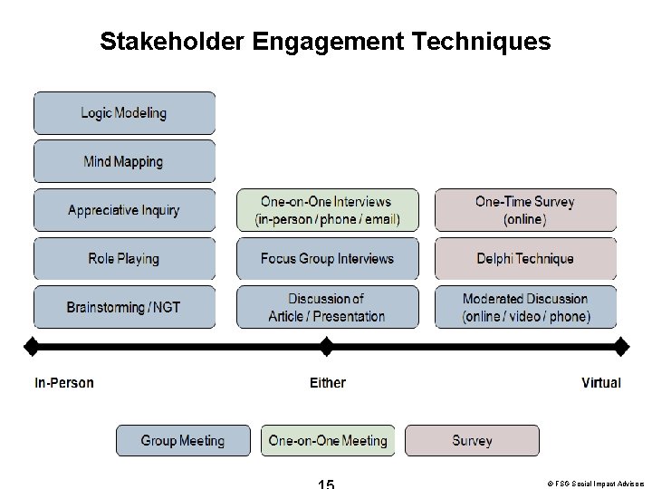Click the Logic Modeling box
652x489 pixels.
coord(124,113)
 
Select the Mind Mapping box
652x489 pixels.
coord(124,162)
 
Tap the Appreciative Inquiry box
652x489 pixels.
coord(124,210)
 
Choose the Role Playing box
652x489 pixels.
coord(124,259)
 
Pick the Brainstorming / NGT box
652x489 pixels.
coord(124,307)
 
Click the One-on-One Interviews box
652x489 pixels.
coord(328,210)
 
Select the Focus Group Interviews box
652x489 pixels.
coord(328,259)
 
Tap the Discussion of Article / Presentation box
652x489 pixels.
coord(328,307)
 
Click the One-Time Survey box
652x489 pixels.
coord(525,210)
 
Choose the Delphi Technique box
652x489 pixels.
coord(525,259)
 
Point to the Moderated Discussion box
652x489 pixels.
coord(525,307)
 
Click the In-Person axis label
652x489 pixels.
coord(64,383)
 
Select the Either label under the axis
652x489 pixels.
coord(328,383)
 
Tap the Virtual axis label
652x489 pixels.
coord(601,383)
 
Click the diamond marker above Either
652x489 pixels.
coord(327,345)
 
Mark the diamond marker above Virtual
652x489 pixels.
coord(621,345)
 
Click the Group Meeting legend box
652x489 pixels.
coord(183,441)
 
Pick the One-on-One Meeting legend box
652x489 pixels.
coord(328,441)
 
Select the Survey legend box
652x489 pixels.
coord(472,441)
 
